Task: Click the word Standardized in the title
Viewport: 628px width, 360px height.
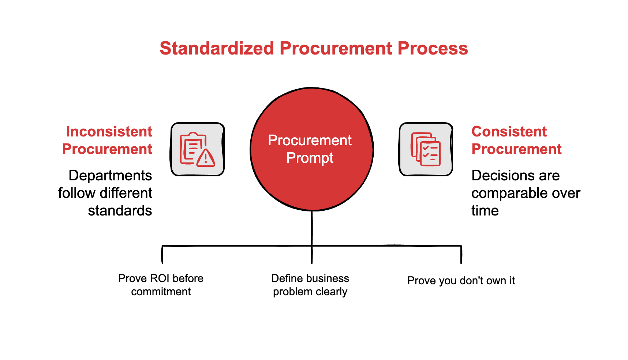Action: point(217,48)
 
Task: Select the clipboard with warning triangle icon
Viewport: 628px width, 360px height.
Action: point(198,149)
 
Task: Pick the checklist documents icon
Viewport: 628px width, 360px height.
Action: point(426,149)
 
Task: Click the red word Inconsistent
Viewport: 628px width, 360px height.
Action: point(109,132)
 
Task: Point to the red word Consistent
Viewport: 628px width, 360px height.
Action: point(509,132)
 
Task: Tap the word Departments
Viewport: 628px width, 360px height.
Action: point(110,176)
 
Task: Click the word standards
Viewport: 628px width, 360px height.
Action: point(120,211)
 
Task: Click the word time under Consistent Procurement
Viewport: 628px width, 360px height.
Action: point(485,211)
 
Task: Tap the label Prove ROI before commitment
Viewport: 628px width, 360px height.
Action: point(161,285)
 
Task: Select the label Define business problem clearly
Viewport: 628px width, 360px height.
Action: point(310,285)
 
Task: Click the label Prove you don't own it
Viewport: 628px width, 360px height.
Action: point(461,281)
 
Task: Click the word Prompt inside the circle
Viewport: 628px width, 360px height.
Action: point(310,158)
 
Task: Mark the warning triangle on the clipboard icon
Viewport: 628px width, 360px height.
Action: point(206,158)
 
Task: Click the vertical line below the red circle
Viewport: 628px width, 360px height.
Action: point(312,229)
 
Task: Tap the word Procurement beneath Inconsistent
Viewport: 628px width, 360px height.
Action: point(107,149)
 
